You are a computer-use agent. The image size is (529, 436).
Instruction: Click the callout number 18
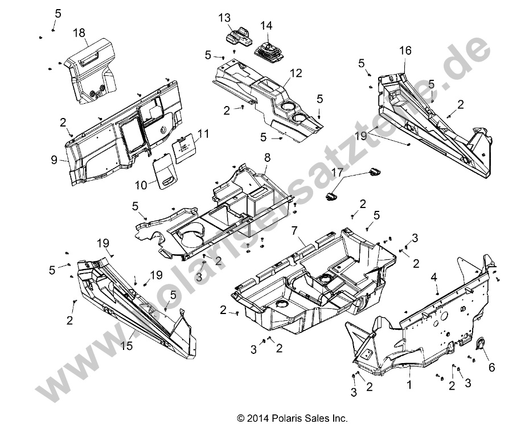point(79,33)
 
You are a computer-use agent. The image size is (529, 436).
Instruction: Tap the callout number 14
point(266,26)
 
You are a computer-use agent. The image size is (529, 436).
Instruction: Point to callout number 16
point(404,51)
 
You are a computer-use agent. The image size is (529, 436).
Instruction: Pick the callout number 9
point(54,160)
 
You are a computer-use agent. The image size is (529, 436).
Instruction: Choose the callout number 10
point(141,185)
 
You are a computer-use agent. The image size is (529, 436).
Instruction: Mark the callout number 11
point(187,134)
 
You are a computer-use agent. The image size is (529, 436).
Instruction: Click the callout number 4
point(433,276)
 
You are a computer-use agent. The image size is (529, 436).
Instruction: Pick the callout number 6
point(490,368)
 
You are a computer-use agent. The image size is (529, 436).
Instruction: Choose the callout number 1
point(408,386)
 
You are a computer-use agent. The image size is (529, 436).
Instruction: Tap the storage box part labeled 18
point(87,71)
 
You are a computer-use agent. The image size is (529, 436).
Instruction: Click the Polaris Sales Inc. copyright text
point(292,418)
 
